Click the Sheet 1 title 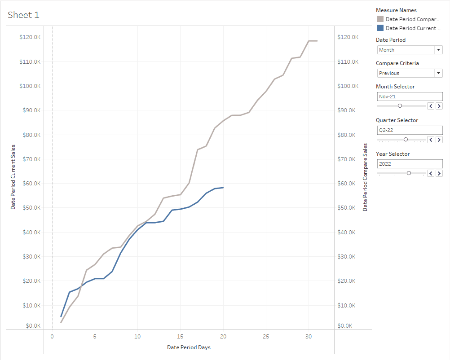point(23,15)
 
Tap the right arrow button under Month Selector point(439,106)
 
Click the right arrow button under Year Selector point(439,173)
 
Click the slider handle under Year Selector point(409,173)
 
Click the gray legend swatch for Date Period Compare point(380,19)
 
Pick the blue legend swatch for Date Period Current point(380,28)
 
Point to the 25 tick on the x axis point(266,336)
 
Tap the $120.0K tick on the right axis point(348,37)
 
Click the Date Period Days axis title point(189,347)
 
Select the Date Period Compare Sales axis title point(365,177)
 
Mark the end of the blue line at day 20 point(223,188)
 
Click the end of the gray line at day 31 point(317,41)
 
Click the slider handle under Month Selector point(400,106)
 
